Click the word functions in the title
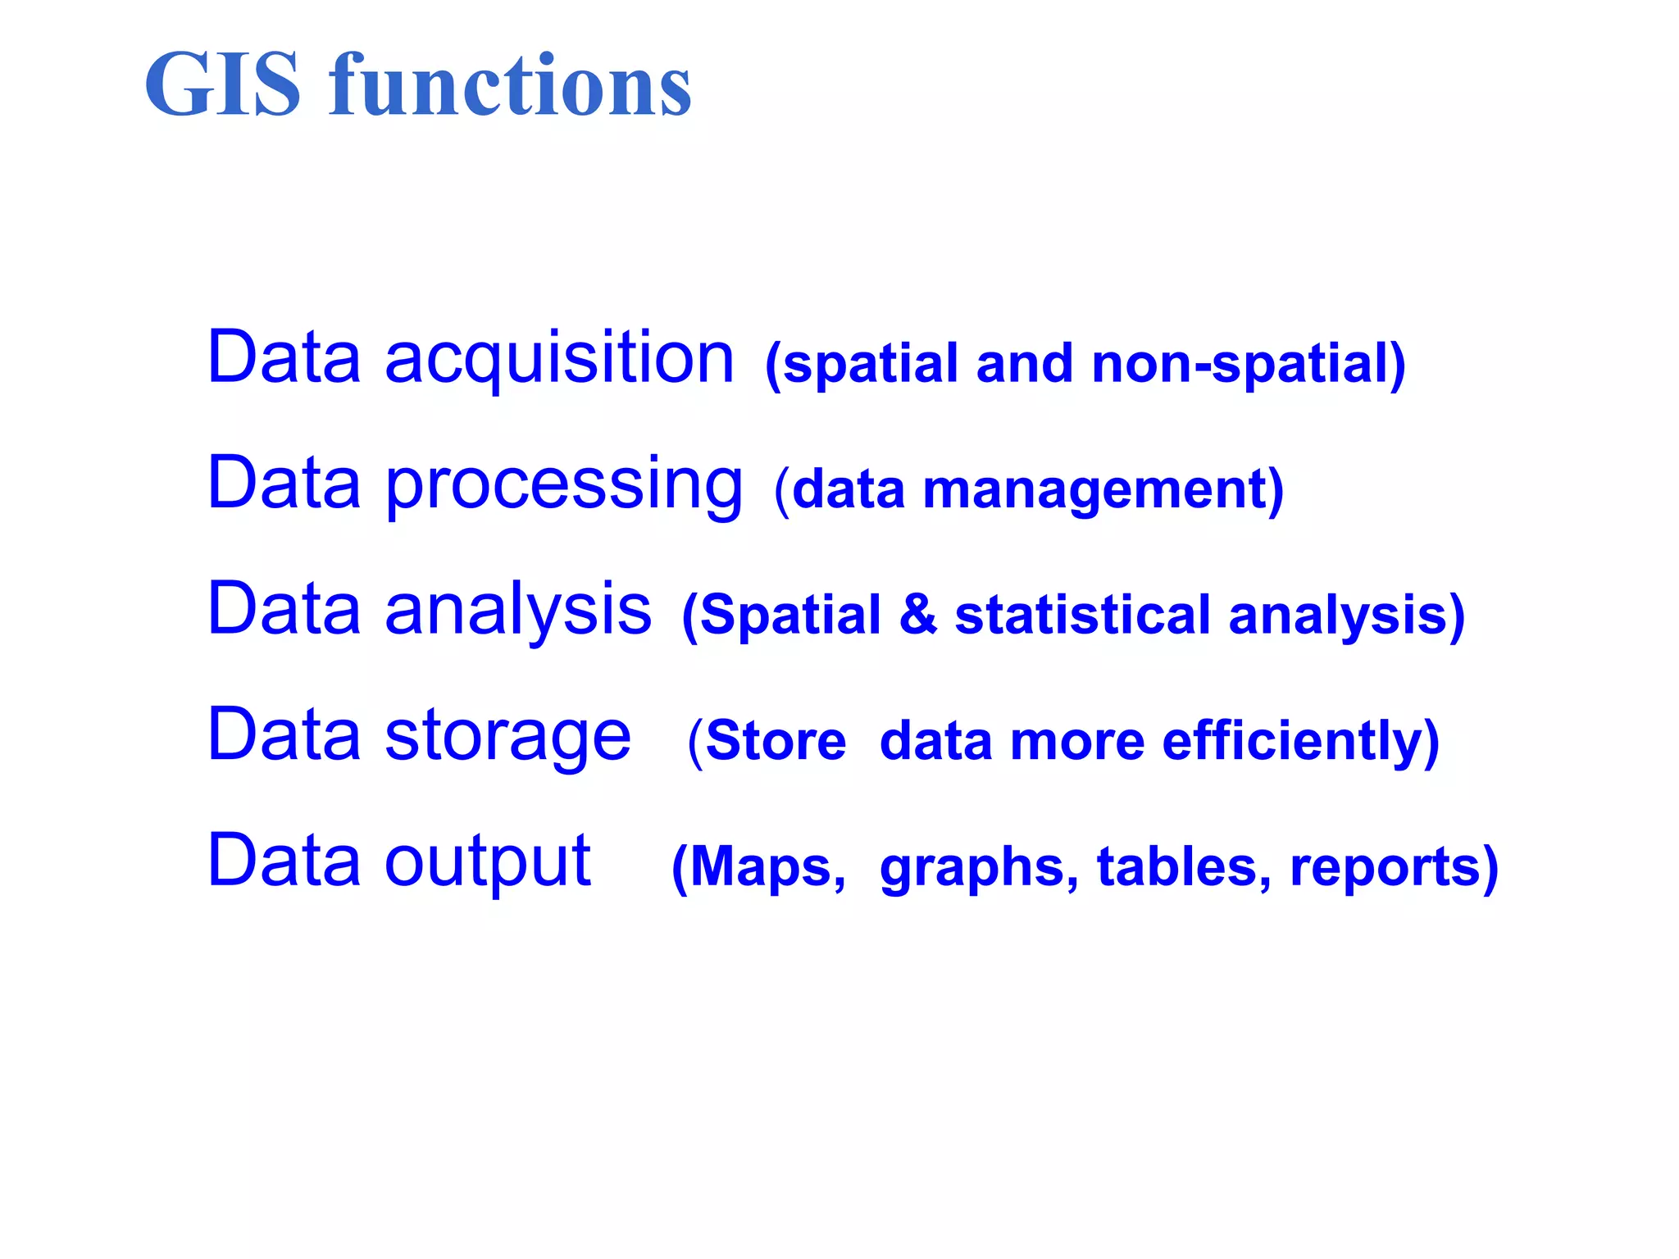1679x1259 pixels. point(510,84)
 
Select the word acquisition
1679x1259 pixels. point(559,358)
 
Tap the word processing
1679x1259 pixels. point(564,485)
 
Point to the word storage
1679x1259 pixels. point(507,736)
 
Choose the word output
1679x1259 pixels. point(488,862)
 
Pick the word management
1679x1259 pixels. point(1094,490)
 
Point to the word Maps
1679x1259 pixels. point(761,867)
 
